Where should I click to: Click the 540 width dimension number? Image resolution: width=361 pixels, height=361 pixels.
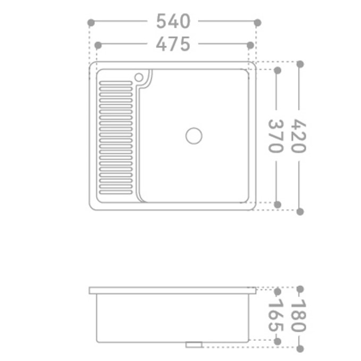click(173, 22)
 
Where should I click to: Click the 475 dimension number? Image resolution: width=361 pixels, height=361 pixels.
click(173, 45)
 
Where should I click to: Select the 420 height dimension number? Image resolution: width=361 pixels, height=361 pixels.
click(299, 136)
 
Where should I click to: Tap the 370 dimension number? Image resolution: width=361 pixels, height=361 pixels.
click(276, 136)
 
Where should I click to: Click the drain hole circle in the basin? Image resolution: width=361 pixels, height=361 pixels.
click(194, 136)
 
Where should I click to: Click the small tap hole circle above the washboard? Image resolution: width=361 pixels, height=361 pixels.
click(139, 78)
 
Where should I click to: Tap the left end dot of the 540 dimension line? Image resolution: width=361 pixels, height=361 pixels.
click(91, 22)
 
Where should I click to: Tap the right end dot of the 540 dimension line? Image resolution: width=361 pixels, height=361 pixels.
click(257, 22)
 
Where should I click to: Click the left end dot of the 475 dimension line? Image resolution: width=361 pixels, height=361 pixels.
click(97, 46)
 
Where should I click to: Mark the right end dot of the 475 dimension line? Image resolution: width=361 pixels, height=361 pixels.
click(250, 46)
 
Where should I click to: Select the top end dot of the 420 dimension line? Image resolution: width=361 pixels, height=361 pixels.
click(300, 64)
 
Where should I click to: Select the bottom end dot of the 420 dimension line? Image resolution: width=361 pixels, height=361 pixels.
click(300, 211)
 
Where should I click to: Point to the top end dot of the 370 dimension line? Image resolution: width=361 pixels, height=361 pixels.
click(276, 70)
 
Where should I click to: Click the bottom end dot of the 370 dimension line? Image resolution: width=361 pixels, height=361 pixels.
click(276, 204)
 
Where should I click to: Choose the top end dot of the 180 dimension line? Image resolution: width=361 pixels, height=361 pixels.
click(300, 290)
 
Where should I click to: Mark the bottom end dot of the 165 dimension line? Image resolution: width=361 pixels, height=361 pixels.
click(276, 340)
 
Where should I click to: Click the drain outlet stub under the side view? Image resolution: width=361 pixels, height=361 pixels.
click(194, 345)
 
